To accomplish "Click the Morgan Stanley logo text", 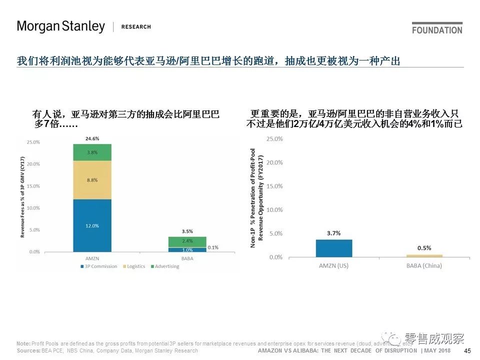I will pyautogui.click(x=61, y=26).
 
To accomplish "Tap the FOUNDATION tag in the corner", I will pyautogui.click(x=437, y=29).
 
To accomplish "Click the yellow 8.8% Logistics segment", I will pyautogui.click(x=92, y=180).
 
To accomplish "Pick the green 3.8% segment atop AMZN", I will pyautogui.click(x=92, y=152).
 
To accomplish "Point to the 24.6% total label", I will pyautogui.click(x=92, y=138).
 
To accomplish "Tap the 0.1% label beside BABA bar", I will pyautogui.click(x=212, y=247).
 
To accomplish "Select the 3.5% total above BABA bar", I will pyautogui.click(x=187, y=231).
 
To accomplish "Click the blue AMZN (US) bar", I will pyautogui.click(x=333, y=248).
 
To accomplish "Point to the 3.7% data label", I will pyautogui.click(x=333, y=233).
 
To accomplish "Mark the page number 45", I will pyautogui.click(x=467, y=351).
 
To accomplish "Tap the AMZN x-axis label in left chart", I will pyautogui.click(x=92, y=258).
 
